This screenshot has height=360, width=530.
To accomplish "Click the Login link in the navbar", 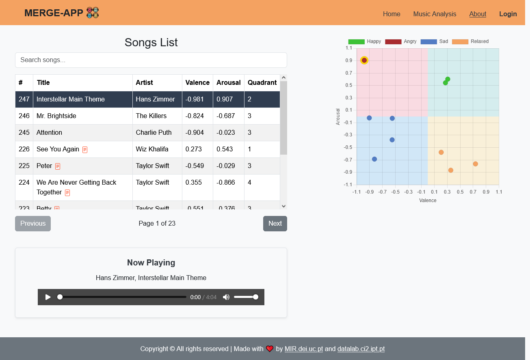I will pyautogui.click(x=508, y=14).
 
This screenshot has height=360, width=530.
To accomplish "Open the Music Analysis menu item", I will pyautogui.click(x=435, y=14).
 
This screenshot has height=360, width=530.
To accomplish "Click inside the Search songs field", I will pyautogui.click(x=151, y=60).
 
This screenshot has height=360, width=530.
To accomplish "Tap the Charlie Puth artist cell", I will pyautogui.click(x=154, y=133).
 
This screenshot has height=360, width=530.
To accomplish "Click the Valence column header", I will pyautogui.click(x=197, y=83).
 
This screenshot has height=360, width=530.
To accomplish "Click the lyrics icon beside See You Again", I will pyautogui.click(x=85, y=150).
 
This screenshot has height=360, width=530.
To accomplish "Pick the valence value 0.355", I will pyautogui.click(x=194, y=183).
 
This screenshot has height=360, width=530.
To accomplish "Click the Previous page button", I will pyautogui.click(x=33, y=224).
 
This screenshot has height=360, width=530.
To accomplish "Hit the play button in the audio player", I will pyautogui.click(x=48, y=297).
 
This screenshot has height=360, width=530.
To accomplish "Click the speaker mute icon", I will pyautogui.click(x=226, y=297).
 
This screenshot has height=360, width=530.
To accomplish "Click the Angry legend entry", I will pyautogui.click(x=401, y=41).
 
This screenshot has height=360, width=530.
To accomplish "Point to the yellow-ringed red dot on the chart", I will pyautogui.click(x=364, y=60).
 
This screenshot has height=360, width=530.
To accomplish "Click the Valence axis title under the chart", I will pyautogui.click(x=428, y=200).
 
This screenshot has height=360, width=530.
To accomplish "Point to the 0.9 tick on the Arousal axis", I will pyautogui.click(x=349, y=60).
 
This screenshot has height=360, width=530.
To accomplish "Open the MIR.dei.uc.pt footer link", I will pyautogui.click(x=304, y=349).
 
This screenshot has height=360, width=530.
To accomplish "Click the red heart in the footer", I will pyautogui.click(x=270, y=349).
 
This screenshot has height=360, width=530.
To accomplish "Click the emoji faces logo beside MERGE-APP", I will pyautogui.click(x=93, y=13).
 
